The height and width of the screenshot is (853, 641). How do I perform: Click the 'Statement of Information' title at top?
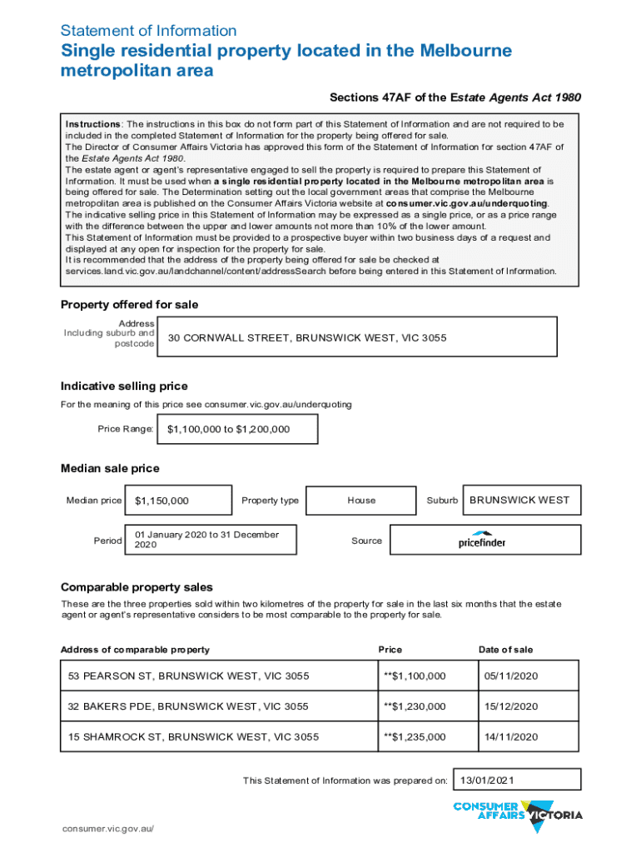click(148, 31)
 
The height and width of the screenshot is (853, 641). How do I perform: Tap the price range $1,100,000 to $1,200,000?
click(228, 430)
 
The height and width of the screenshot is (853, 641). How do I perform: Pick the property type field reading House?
click(361, 501)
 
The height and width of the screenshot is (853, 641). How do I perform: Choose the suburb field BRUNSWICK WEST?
click(519, 501)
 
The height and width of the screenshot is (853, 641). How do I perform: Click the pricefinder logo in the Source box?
click(481, 540)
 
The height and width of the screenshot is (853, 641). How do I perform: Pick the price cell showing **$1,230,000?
click(414, 706)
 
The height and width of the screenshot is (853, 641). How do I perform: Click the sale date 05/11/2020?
click(508, 676)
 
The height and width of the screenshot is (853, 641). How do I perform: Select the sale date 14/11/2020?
click(508, 737)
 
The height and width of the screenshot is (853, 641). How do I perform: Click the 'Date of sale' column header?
click(505, 650)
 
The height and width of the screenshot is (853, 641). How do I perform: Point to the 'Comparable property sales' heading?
click(137, 587)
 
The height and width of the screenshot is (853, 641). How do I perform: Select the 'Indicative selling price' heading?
click(124, 387)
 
